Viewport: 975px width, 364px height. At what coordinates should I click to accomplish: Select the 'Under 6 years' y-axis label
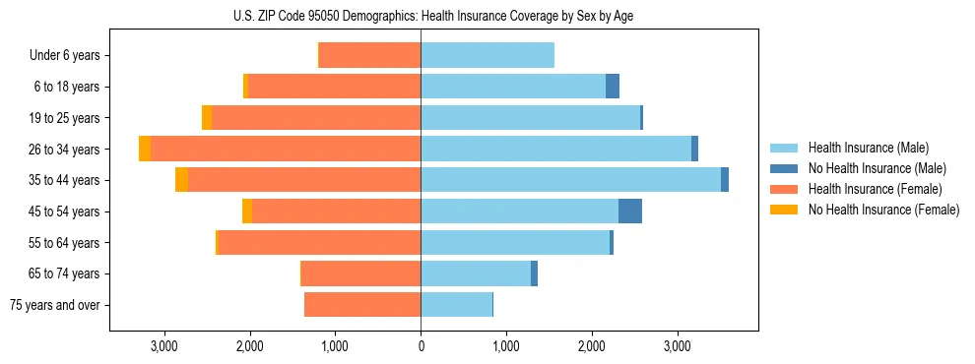coord(70,56)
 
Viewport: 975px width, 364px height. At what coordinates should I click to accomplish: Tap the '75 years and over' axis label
coord(55,305)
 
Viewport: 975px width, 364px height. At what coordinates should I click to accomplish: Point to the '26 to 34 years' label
coord(66,150)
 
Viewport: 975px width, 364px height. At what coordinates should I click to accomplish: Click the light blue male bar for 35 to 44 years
coord(570,180)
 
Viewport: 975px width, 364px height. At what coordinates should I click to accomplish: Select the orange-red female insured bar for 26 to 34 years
coord(286,149)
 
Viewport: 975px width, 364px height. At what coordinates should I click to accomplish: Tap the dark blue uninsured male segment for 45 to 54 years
coord(630,212)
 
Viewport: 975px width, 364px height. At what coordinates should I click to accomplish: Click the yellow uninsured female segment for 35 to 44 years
coord(181,180)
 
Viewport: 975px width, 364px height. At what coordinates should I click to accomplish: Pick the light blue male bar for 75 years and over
coord(456,305)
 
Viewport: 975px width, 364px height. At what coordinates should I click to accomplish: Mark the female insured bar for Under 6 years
coord(369,55)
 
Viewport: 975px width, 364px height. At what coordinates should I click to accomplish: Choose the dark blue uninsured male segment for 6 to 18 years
coord(613,87)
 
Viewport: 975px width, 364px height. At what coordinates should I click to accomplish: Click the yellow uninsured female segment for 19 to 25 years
coord(207,118)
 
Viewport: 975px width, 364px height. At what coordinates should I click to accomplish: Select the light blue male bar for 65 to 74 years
coord(476,273)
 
